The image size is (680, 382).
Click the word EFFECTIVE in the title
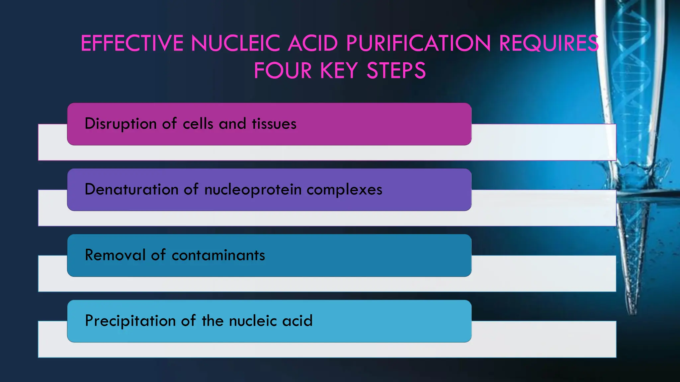[x=132, y=43]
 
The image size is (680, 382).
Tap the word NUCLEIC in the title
[x=235, y=43]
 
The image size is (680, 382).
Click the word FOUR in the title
[x=283, y=71]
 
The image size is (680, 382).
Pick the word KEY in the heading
[x=339, y=71]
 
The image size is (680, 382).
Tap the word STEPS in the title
[x=396, y=71]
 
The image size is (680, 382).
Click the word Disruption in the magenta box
[x=121, y=124]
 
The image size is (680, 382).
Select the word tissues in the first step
[x=274, y=124]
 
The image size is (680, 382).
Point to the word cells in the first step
[x=198, y=124]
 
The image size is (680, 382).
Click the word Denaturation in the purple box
[x=131, y=190]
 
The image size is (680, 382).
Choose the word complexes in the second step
[x=344, y=190]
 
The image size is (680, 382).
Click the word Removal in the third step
[x=115, y=255]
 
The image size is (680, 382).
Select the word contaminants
[x=218, y=255]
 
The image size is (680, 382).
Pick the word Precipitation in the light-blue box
[x=130, y=321]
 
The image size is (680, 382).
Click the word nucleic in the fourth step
[x=253, y=321]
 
